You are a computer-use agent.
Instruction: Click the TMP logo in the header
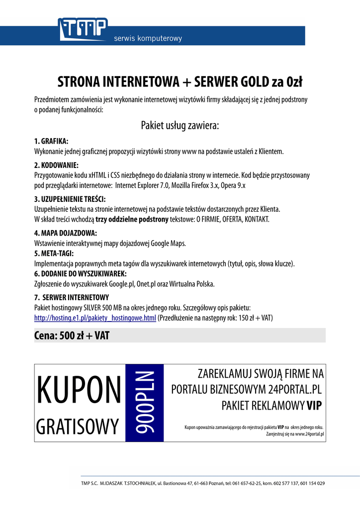click(83, 29)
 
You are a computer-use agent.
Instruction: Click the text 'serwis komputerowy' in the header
click(148, 38)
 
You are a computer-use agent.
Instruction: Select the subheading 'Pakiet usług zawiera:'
click(180, 125)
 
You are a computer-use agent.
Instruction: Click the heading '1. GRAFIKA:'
click(51, 141)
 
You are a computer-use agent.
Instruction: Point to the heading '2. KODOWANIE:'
click(57, 165)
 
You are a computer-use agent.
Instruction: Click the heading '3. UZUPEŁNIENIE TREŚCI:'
click(70, 199)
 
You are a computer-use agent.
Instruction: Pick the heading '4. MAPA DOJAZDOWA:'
click(65, 233)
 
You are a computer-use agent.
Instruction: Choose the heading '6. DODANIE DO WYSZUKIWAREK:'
click(81, 273)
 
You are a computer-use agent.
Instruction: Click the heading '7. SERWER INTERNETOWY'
click(68, 297)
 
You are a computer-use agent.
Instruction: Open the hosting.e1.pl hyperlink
click(95, 318)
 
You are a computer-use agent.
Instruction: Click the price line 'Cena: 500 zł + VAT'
click(72, 336)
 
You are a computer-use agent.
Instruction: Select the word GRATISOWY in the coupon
click(78, 426)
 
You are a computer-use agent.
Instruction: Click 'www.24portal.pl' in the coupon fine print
click(309, 434)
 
